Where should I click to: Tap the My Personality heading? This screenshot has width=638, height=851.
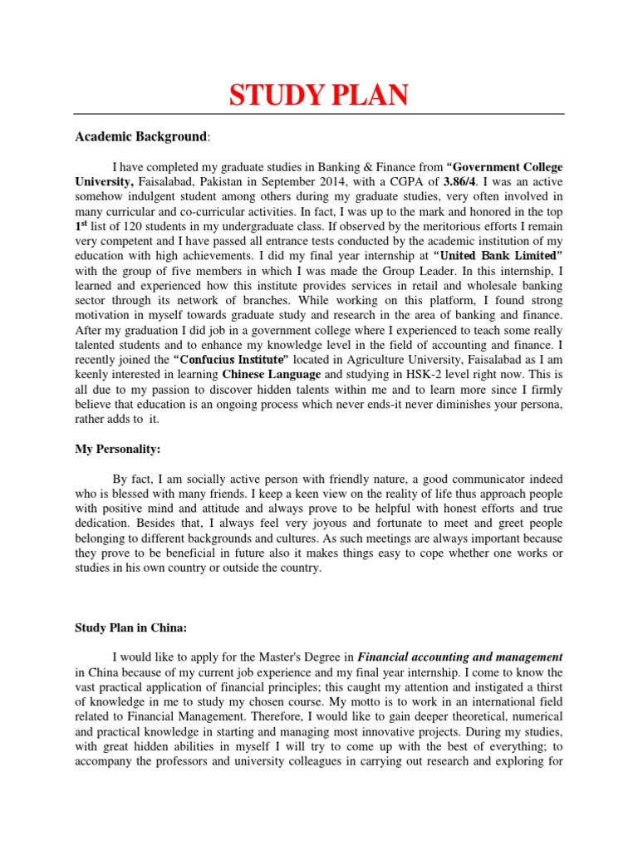pos(118,449)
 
